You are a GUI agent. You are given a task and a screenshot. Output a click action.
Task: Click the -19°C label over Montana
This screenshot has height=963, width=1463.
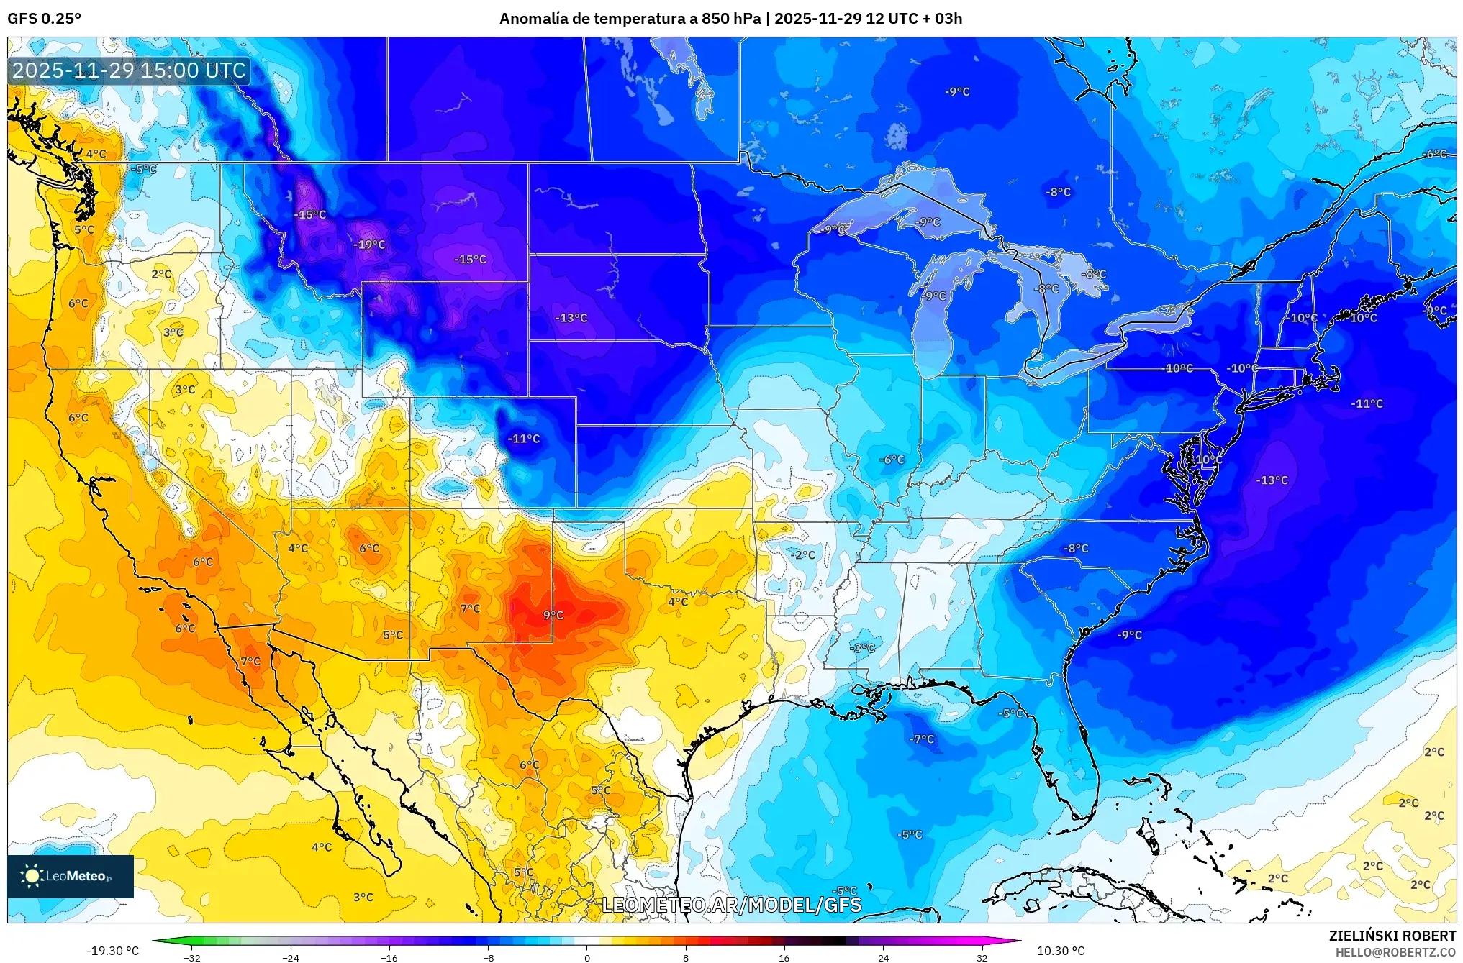pos(369,245)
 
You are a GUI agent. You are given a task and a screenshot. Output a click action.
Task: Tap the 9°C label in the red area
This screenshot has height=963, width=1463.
pos(553,615)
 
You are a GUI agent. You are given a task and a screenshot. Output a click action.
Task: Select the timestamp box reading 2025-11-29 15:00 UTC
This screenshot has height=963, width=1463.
pos(130,70)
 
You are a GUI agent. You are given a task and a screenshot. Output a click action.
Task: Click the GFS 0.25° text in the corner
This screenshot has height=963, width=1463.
pos(45,19)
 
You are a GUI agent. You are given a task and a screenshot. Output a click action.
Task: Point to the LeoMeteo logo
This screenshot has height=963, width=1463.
pos(71,876)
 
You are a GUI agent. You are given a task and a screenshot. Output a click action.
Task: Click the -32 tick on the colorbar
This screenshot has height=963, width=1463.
pos(191,957)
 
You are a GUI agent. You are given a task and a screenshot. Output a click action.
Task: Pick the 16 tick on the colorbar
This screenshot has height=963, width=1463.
pos(784,957)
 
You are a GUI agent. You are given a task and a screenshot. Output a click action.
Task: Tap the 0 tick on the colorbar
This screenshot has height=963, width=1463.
pos(586,957)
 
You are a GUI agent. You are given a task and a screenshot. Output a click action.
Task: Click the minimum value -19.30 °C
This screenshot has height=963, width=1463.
pos(113,951)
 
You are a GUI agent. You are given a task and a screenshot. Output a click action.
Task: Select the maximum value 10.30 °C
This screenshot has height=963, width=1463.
pos(1060,951)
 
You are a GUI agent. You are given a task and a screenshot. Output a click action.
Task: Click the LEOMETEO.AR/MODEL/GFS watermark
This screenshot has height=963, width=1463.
pos(731,905)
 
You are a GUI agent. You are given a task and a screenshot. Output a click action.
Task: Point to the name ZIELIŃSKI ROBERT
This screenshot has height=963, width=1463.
pos(1392,936)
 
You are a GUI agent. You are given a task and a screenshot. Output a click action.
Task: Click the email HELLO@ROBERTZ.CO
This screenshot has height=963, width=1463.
pos(1395,952)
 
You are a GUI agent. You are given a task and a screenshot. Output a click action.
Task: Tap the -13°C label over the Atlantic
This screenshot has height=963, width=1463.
pos(1272,480)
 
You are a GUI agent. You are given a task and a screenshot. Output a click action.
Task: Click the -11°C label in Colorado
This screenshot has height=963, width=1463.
pos(523,439)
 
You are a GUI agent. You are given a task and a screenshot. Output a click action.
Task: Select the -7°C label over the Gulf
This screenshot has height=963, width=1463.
pos(921,739)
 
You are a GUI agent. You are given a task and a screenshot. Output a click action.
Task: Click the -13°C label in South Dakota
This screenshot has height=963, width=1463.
pos(571,318)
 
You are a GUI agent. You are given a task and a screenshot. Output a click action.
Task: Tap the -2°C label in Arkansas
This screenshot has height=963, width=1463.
pos(802,555)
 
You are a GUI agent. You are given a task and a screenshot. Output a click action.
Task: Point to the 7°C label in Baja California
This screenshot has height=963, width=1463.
pos(250,662)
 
